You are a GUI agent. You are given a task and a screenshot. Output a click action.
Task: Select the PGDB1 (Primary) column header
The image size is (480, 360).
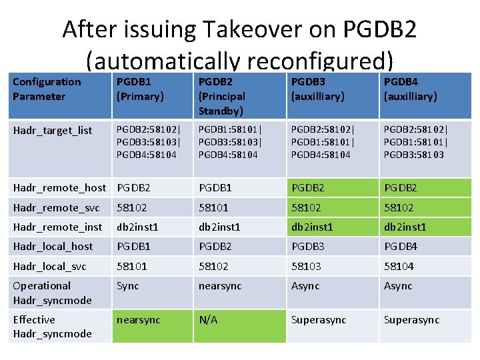click(140, 89)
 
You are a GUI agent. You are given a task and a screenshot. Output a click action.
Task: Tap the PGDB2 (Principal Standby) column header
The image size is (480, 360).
click(222, 96)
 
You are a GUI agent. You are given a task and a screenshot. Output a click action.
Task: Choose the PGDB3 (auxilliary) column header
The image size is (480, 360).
click(318, 89)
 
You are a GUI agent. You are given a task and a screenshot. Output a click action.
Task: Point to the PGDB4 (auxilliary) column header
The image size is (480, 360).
click(410, 89)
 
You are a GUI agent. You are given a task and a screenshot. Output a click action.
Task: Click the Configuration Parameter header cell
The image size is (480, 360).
click(47, 89)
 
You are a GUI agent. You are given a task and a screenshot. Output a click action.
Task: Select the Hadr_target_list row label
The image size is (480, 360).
click(53, 130)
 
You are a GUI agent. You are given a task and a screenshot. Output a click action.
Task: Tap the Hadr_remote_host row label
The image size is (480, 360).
click(59, 187)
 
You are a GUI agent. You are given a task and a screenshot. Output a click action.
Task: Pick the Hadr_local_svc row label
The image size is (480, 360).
click(49, 266)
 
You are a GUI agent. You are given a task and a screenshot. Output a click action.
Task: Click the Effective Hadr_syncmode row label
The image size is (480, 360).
click(52, 326)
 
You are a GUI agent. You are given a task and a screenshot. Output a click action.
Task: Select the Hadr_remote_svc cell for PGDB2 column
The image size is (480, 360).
click(213, 207)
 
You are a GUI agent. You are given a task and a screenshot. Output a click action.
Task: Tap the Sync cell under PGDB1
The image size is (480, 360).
click(128, 286)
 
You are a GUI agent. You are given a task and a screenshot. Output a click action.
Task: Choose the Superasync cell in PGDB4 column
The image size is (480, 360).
click(411, 320)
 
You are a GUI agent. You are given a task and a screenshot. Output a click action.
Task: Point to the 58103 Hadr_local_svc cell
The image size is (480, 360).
click(305, 266)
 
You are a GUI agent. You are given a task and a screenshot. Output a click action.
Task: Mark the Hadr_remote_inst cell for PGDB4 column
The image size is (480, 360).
click(405, 227)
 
